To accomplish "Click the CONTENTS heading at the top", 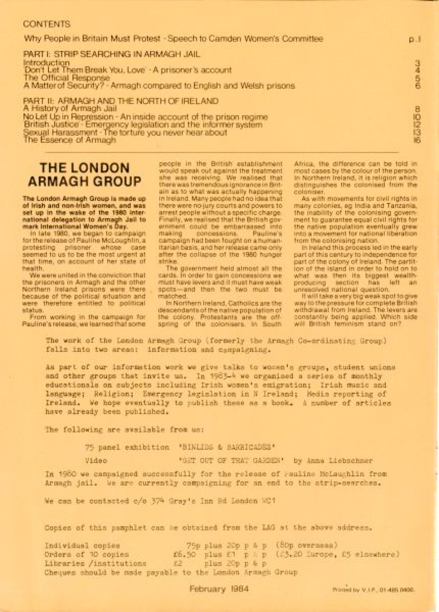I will (x=46, y=24).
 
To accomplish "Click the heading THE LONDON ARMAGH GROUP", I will (x=85, y=175).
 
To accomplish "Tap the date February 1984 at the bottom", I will (x=219, y=589).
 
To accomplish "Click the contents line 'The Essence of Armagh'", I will (x=70, y=140).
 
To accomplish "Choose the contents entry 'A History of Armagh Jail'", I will (x=70, y=109).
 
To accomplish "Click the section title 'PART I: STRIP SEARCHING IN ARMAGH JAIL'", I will (x=112, y=54).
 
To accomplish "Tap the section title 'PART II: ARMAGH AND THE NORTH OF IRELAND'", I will (x=121, y=101).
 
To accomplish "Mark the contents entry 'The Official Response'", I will (x=67, y=78).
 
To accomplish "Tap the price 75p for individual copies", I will (x=193, y=546).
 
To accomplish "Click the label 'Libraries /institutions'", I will (x=95, y=564).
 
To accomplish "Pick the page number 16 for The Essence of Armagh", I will (x=417, y=140).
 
